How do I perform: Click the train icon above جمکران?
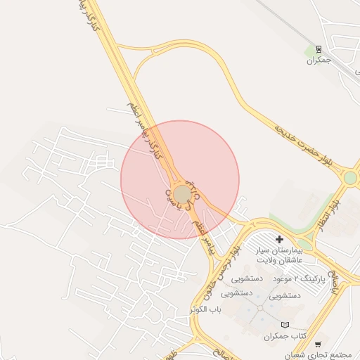click(x=319, y=49)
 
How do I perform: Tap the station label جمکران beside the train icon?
click(x=318, y=60)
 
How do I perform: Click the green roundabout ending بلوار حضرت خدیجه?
click(x=349, y=177)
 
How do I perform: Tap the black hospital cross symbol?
click(x=279, y=240)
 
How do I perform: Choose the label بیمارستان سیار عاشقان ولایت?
click(x=279, y=255)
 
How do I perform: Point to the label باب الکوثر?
click(x=206, y=309)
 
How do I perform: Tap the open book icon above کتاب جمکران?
click(x=284, y=325)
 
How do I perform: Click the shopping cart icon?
click(x=318, y=345)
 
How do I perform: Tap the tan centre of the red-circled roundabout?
click(x=182, y=193)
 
